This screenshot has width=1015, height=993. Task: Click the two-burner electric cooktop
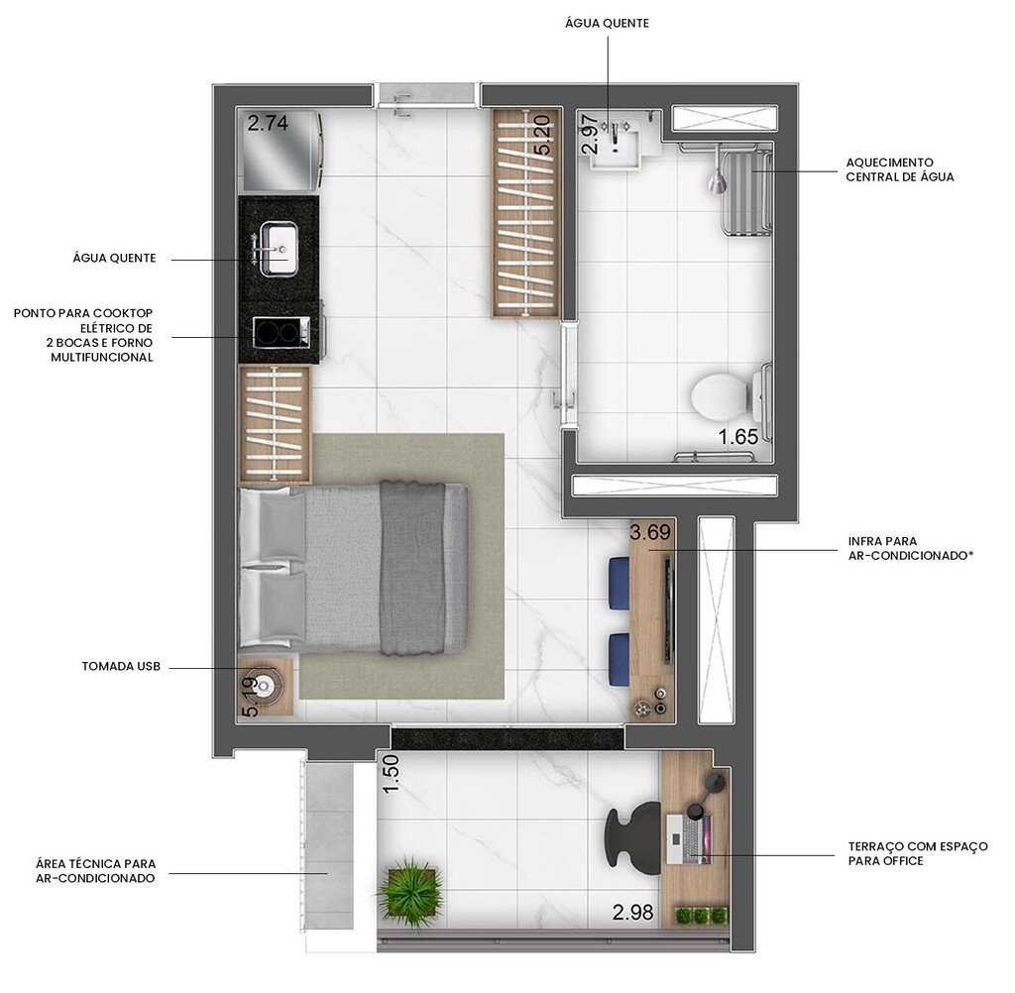(278, 331)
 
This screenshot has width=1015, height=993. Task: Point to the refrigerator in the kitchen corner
(281, 152)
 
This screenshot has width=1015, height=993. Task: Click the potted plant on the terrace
(407, 892)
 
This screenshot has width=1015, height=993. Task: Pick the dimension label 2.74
(268, 124)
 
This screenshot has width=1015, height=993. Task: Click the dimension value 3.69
(650, 533)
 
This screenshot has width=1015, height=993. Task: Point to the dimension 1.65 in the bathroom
(737, 436)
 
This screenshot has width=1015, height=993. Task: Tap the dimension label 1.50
(391, 773)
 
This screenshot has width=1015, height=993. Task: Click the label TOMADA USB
(120, 667)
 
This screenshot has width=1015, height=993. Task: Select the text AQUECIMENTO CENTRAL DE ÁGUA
(899, 169)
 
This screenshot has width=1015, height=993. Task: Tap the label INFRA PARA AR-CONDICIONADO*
(910, 549)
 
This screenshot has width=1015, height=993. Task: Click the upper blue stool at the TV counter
(620, 576)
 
